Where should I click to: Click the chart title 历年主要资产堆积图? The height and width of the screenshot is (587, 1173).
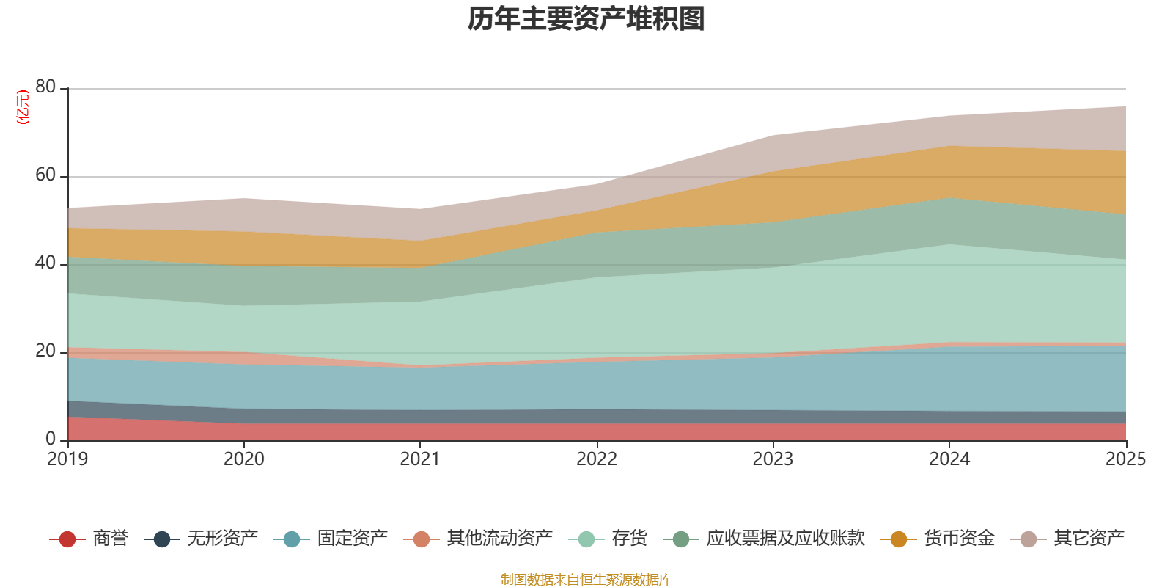coord(586,19)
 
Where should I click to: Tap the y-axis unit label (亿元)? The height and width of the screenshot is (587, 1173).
coord(23,107)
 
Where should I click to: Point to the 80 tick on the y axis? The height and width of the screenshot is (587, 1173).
coord(45,87)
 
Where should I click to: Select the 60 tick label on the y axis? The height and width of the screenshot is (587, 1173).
coord(45,175)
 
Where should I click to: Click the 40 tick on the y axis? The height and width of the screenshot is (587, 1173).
coord(45,263)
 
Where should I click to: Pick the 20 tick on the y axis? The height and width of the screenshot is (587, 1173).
coord(45,351)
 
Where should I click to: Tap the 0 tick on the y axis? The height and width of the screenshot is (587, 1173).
coord(51,439)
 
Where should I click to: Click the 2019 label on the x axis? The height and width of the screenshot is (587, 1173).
coord(67,459)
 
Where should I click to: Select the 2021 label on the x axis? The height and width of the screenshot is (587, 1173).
coord(420,459)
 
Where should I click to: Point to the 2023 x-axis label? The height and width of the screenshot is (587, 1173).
coord(773,459)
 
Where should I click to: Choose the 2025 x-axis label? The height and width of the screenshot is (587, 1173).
coord(1125,459)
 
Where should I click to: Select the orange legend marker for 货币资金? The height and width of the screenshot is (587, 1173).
coord(898,539)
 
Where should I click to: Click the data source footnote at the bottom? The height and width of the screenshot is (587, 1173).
coord(586,580)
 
